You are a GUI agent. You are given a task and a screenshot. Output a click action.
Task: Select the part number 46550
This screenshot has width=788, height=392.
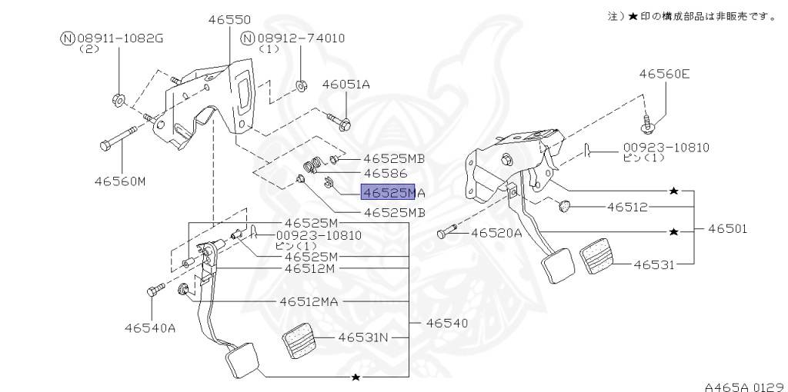pos(229,19)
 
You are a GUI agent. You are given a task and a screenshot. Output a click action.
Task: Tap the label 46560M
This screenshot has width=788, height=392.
pos(120,181)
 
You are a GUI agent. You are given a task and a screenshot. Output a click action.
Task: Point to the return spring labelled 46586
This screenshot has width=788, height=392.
pos(315,164)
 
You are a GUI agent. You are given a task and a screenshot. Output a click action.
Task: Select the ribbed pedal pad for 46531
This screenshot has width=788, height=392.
pos(599,260)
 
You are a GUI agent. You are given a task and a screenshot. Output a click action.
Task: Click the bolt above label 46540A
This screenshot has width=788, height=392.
pos(155,290)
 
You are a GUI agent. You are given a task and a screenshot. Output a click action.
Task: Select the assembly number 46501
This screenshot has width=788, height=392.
pos(728,229)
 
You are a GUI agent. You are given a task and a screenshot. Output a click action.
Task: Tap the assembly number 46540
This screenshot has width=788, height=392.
pos(447,323)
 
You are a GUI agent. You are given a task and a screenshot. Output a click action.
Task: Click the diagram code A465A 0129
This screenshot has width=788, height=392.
pos(746,387)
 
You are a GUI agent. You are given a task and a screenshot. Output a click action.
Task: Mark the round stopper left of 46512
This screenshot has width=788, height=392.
pos(565,205)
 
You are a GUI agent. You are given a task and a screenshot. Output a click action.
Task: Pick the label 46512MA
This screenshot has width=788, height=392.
pos(309,301)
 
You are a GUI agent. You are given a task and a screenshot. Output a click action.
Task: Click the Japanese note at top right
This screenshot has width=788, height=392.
pos(693,17)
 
